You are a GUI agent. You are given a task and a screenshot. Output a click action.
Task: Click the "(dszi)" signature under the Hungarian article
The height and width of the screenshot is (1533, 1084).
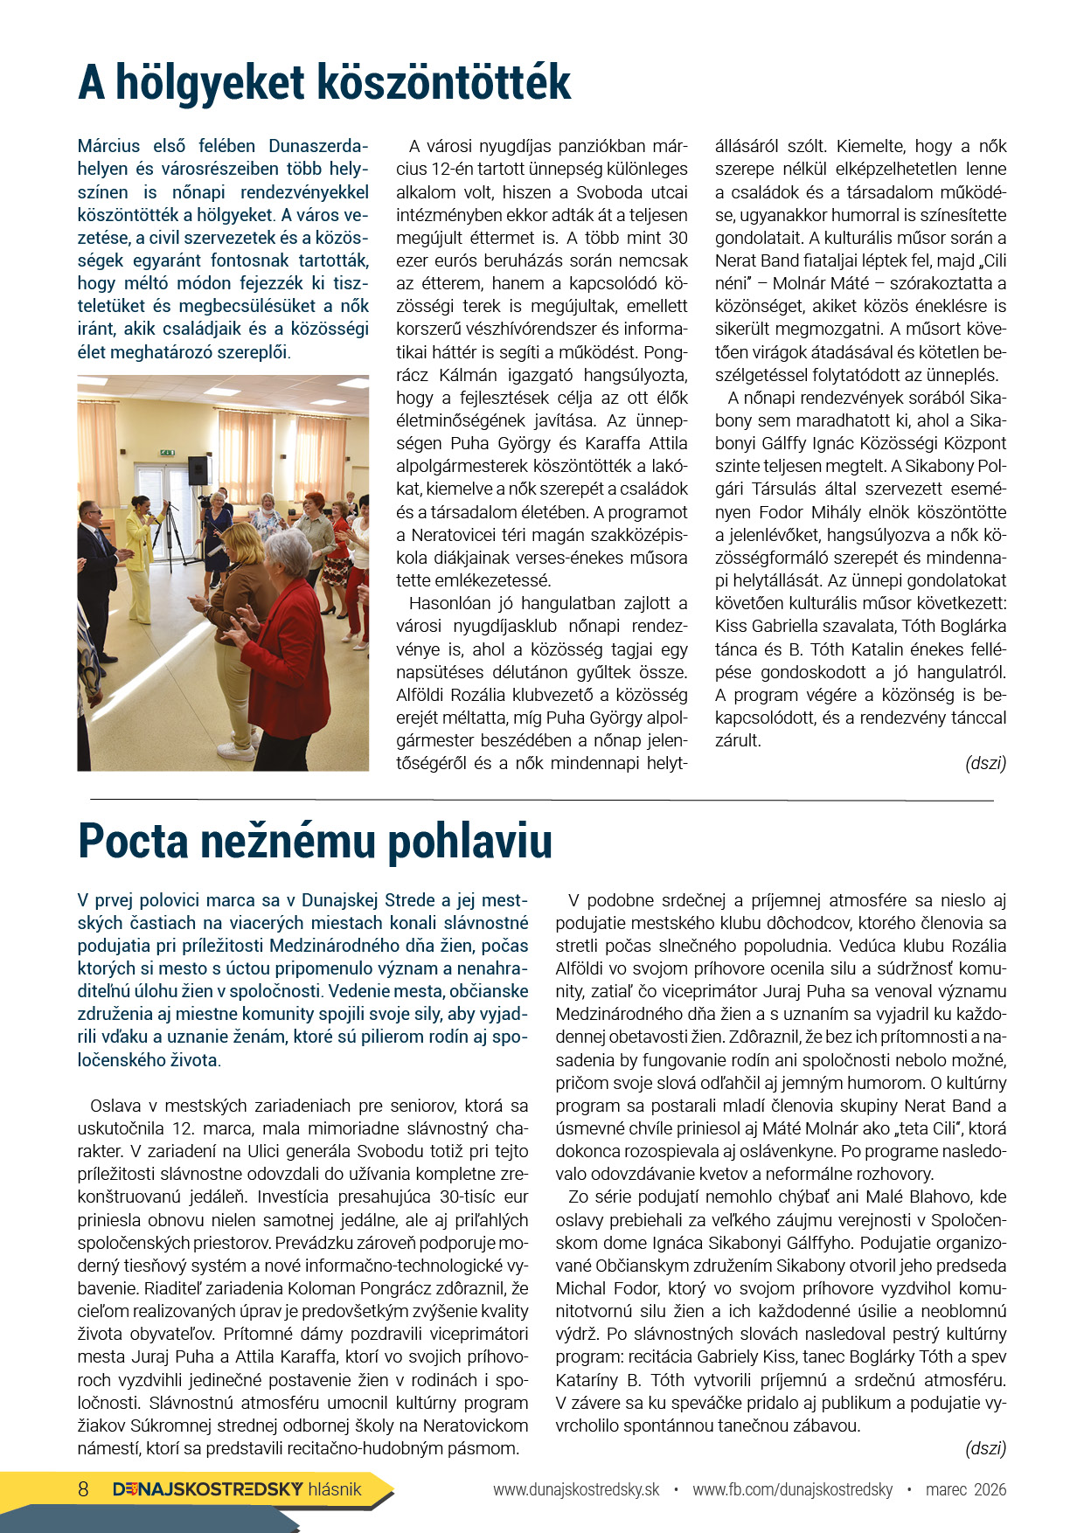(985, 763)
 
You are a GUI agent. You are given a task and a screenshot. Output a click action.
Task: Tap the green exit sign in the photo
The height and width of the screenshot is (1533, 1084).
(167, 453)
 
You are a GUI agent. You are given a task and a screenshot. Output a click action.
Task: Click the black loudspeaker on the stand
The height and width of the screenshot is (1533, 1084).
(198, 470)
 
